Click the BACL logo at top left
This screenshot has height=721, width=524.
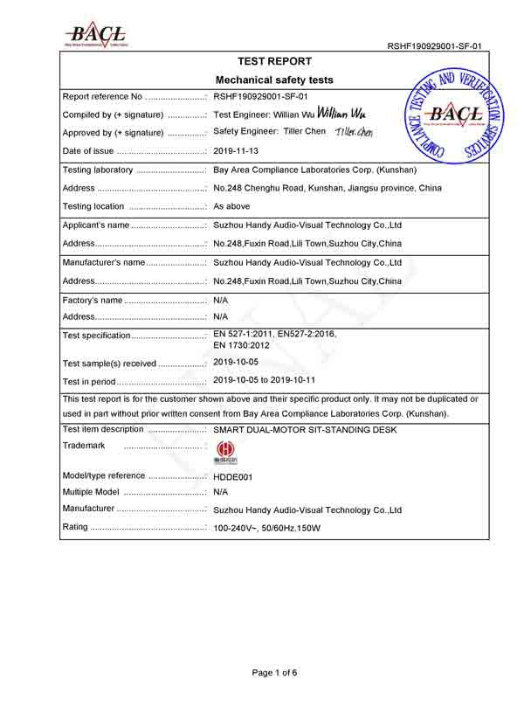96,32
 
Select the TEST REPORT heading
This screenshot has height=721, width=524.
274,62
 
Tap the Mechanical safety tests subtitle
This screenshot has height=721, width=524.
274,80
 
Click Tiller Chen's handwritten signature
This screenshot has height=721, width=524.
354,132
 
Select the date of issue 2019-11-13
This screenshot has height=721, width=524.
236,151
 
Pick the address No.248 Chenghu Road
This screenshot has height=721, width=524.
327,188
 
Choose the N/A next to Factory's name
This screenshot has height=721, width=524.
221,300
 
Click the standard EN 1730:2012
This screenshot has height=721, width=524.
245,345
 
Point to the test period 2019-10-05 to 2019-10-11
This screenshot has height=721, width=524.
276,380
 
